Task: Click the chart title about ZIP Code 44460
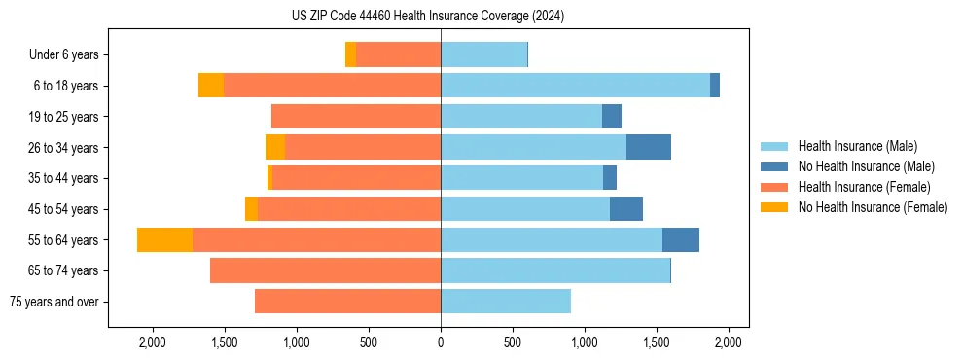click(428, 17)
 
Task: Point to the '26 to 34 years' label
click(65, 148)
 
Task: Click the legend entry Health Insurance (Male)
click(857, 146)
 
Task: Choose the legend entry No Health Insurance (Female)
click(873, 207)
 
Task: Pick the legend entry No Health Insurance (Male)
click(866, 166)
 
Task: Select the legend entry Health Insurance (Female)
click(865, 187)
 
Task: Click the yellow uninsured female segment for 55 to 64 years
click(164, 240)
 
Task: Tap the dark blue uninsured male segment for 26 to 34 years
click(649, 147)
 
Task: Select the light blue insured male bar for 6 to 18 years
click(575, 86)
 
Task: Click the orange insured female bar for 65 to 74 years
click(325, 270)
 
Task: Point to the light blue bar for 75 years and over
click(506, 302)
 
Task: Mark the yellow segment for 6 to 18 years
click(211, 86)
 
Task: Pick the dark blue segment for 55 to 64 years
click(681, 240)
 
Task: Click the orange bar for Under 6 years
click(398, 55)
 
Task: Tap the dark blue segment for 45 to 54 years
click(626, 209)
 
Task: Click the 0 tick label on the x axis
click(441, 342)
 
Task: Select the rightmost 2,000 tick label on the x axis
click(729, 342)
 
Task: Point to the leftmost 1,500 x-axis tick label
click(224, 342)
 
